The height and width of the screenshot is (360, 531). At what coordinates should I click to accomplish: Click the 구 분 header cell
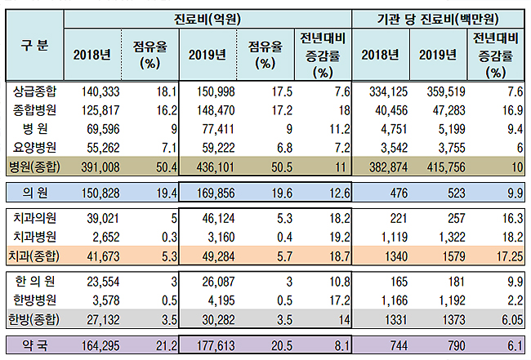pyautogui.click(x=33, y=45)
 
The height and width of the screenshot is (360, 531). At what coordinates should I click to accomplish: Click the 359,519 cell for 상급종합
pyautogui.click(x=444, y=90)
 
